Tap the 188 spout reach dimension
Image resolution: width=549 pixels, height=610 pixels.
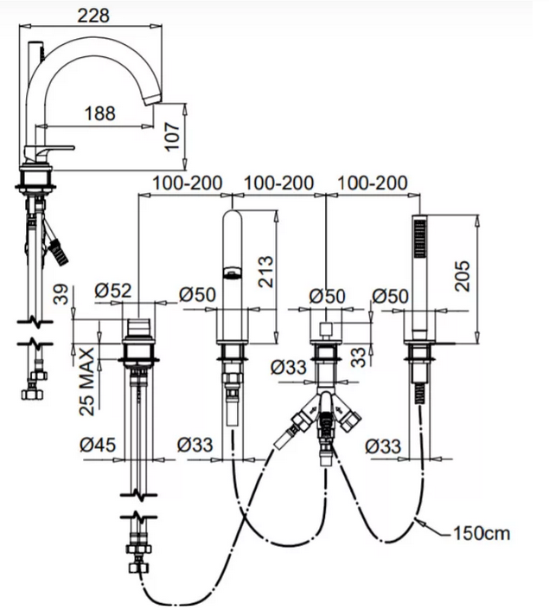pos(102,113)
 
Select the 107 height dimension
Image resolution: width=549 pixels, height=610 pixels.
pos(173,135)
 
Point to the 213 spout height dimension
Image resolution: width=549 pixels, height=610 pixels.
pos(265,272)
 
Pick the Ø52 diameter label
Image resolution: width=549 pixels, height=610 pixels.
pos(113,292)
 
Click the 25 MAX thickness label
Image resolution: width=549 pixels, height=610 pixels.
pos(86,381)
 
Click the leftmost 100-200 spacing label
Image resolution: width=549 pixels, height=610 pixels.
pos(187,183)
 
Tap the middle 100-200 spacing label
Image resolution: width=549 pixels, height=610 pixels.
pos(279,183)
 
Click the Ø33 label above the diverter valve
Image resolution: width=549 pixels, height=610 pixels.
pos(287,366)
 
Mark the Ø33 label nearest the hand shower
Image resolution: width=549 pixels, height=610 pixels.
pos(383,446)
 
